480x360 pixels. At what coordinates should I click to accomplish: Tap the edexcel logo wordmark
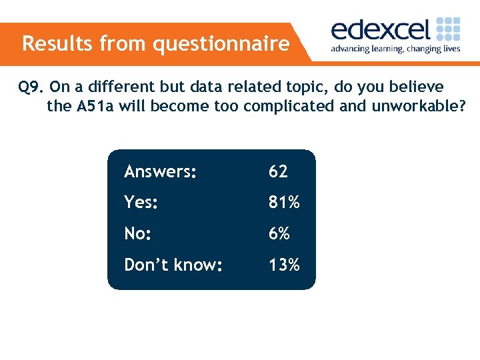coord(381,30)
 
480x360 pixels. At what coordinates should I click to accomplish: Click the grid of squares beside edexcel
coord(448,29)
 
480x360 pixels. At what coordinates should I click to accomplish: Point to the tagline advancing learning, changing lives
coord(395,49)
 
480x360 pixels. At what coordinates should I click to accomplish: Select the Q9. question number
coord(31,87)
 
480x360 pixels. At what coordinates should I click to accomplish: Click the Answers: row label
coord(160,172)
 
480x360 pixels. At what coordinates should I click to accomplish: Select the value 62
coord(278,172)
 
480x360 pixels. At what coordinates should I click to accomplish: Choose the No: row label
coord(138,234)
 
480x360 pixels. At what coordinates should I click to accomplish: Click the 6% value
coord(279,234)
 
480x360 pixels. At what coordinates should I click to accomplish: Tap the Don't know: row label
coord(173,265)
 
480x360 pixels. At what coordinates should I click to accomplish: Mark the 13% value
coord(284,265)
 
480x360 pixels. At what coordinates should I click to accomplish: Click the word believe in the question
coord(419,87)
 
